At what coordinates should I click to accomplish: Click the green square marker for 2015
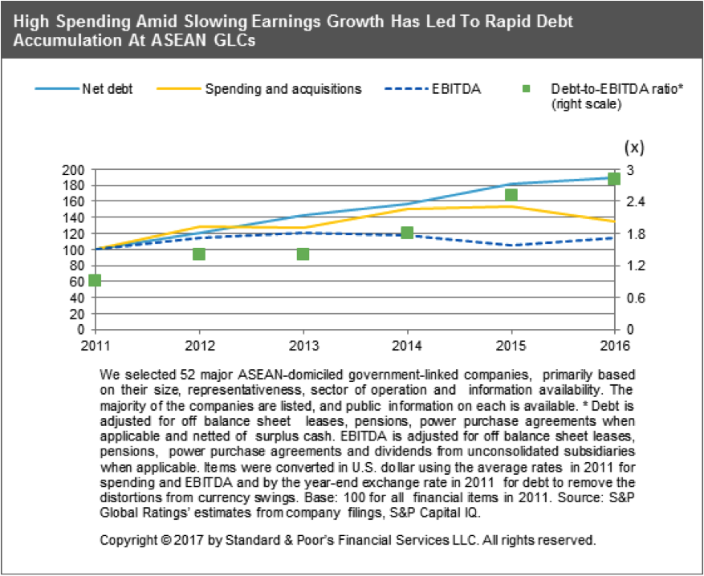[511, 195]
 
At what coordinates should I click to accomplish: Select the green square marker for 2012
[199, 254]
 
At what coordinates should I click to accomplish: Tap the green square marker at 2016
[614, 179]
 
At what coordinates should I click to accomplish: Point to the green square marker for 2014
[407, 233]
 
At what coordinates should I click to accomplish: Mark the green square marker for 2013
[303, 254]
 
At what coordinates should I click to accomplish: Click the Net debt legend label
[107, 88]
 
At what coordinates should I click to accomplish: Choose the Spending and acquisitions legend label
[283, 88]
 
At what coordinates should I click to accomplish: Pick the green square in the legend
[535, 89]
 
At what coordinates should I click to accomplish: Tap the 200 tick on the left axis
[73, 170]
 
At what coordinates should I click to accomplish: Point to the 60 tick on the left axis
[76, 282]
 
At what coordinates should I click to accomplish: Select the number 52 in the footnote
[174, 375]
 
